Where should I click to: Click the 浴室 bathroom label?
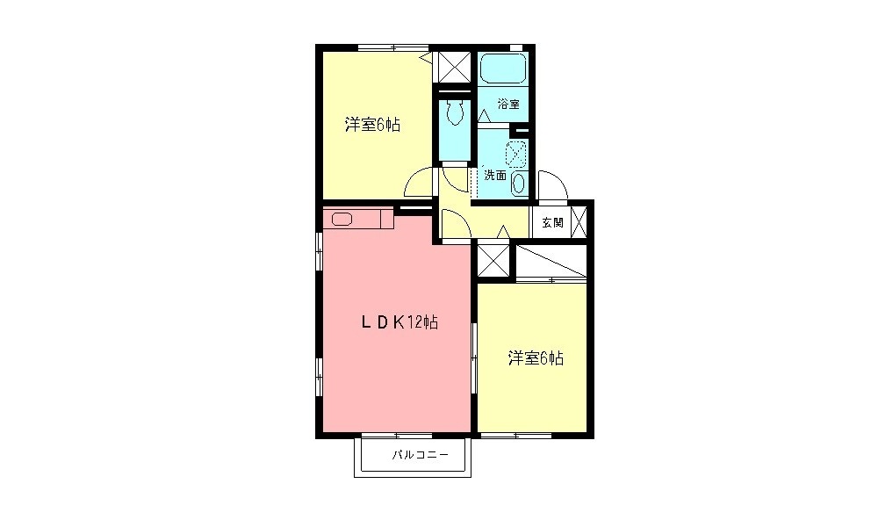point(507,104)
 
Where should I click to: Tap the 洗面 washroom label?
point(495,175)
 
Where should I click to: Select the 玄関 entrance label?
point(552,222)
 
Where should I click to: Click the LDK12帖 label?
point(399,322)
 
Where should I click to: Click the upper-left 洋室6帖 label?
point(372,125)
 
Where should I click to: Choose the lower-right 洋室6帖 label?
point(535,358)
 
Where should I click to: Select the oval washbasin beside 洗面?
point(518,183)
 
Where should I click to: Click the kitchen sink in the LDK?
point(342,220)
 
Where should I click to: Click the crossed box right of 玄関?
point(580,221)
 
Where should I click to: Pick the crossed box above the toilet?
point(454,66)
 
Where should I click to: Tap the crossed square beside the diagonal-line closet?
point(493,260)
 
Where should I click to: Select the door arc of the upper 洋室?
point(419,183)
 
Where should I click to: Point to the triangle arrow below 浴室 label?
point(484,115)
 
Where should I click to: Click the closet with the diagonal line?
point(551,262)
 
